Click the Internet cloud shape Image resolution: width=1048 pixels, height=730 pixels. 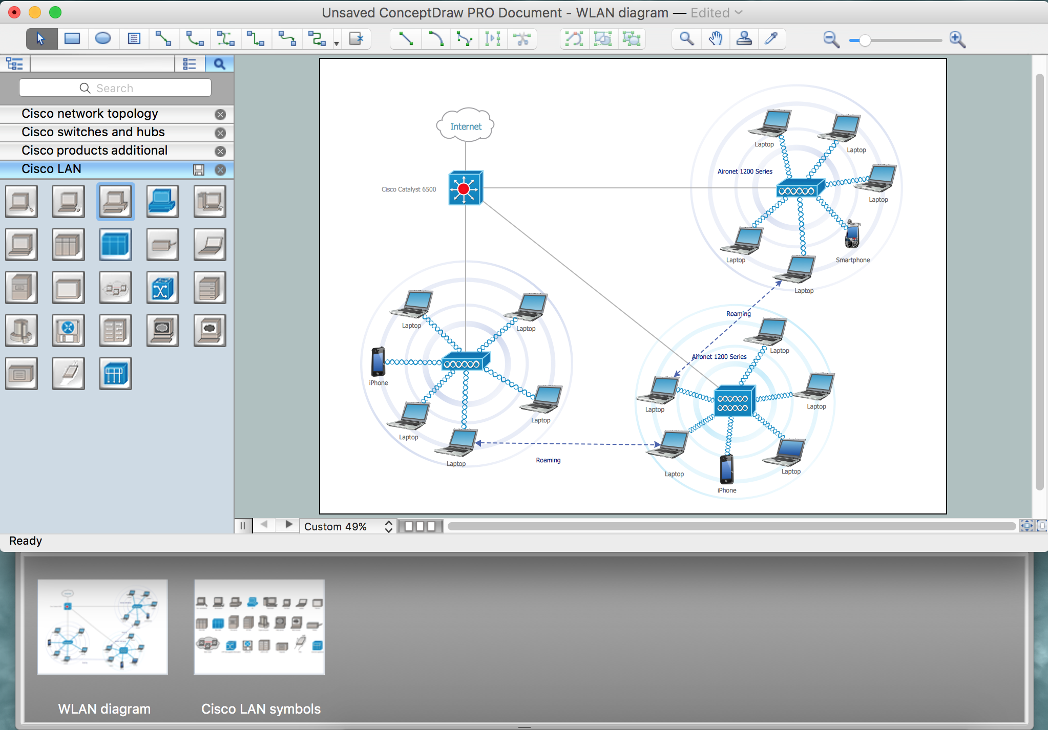tap(465, 125)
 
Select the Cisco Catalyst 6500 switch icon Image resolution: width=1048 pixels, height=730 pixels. tap(465, 188)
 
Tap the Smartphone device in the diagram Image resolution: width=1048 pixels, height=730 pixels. tap(852, 234)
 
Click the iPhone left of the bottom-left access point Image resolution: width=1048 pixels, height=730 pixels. tap(378, 361)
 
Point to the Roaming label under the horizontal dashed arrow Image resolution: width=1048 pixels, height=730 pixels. tap(548, 460)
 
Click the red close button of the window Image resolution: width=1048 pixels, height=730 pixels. tap(14, 12)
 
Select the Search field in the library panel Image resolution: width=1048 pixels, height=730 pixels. tap(115, 88)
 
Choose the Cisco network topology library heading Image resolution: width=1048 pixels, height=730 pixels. tap(90, 114)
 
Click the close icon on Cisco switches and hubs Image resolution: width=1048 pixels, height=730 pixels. tap(220, 133)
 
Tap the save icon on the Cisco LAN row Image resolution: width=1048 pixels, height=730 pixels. tap(199, 170)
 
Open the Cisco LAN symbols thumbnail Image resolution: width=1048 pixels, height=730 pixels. tap(259, 627)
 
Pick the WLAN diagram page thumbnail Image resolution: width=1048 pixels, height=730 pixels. tap(102, 627)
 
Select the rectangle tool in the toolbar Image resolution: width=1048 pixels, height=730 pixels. tap(72, 38)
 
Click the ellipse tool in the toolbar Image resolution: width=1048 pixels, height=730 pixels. tap(103, 38)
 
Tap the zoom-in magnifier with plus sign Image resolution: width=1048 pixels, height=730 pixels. tap(957, 39)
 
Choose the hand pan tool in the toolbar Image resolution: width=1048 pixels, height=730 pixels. tap(716, 38)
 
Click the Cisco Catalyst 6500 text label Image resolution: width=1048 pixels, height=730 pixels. tap(409, 189)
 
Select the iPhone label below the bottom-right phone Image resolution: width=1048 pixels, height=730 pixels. tap(727, 490)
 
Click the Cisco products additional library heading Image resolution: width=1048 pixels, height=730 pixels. tap(95, 151)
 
